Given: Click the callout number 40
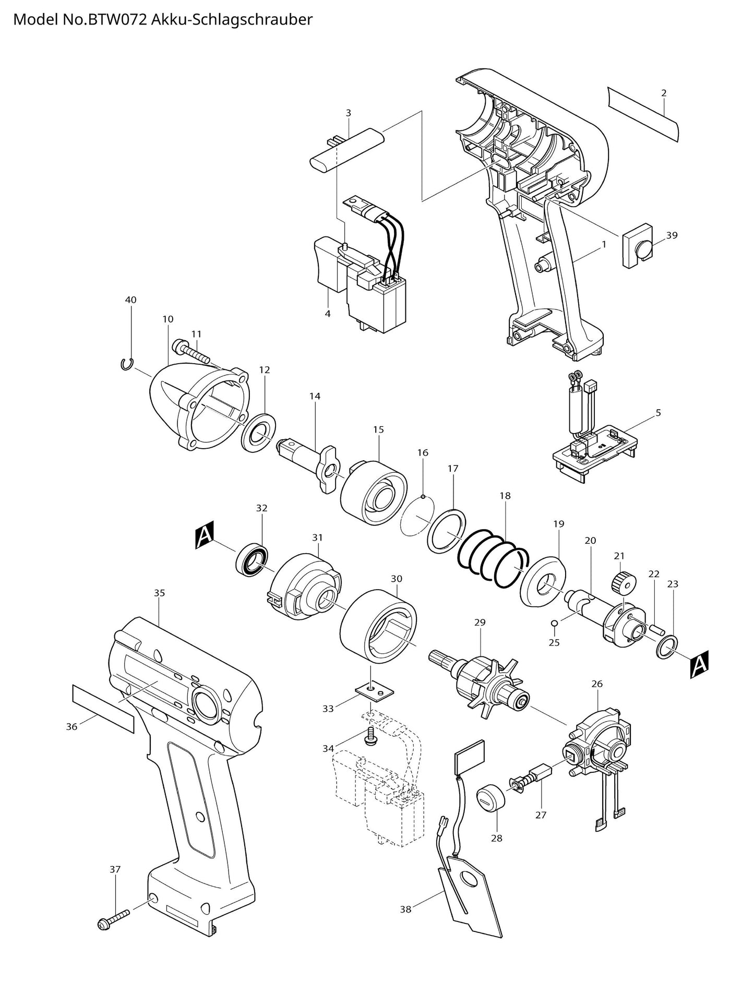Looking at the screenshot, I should [130, 300].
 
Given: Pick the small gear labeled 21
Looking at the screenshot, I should [621, 582].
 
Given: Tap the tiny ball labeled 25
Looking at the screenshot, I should [554, 622].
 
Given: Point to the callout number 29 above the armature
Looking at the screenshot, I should [480, 622].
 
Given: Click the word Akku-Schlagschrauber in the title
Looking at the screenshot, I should [235, 20].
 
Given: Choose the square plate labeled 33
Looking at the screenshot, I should [374, 692].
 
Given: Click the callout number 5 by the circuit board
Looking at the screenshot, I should [658, 413].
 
